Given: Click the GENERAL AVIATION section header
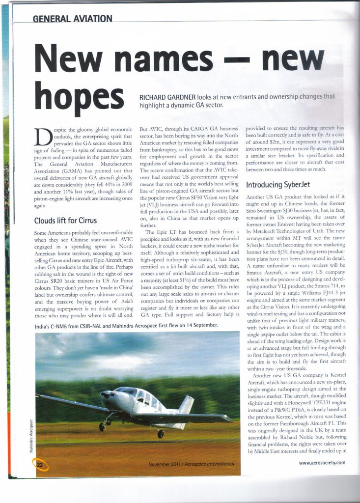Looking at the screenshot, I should pos(72,19).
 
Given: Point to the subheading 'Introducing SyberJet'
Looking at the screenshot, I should pos(277,185).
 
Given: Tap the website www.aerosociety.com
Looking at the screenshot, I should pos(322,462).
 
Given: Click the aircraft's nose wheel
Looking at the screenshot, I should pos(102,427).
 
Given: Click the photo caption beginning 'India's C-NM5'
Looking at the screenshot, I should pos(127,325).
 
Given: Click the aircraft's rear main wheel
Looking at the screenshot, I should pos(161,434).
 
